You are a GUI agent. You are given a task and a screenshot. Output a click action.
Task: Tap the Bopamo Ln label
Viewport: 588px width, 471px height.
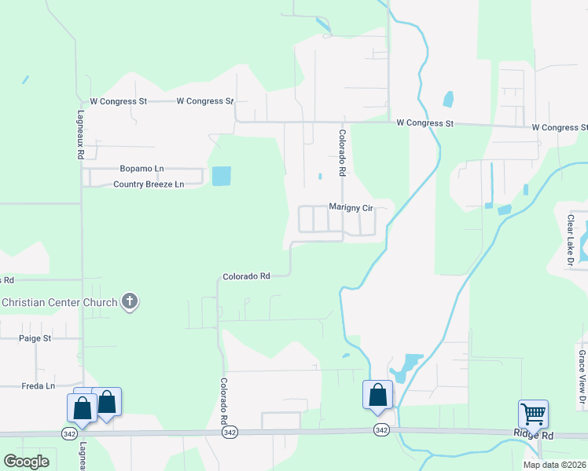pyautogui.click(x=141, y=169)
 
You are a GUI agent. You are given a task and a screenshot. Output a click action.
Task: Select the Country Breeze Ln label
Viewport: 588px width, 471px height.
pyautogui.click(x=149, y=184)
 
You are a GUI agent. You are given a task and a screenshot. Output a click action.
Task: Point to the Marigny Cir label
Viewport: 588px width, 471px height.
pyautogui.click(x=350, y=207)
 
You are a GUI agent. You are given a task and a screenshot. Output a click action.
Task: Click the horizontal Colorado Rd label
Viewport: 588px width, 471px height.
pyautogui.click(x=246, y=276)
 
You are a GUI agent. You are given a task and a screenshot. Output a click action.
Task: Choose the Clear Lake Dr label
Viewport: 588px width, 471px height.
pyautogui.click(x=571, y=241)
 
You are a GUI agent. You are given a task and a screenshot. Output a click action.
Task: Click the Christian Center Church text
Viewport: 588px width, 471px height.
pyautogui.click(x=59, y=302)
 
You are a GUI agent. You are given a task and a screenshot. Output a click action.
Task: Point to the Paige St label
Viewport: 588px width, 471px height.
pyautogui.click(x=35, y=338)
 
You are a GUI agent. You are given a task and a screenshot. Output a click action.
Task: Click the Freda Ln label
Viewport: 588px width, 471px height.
pyautogui.click(x=39, y=386)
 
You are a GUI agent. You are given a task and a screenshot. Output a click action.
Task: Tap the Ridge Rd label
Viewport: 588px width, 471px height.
pyautogui.click(x=535, y=434)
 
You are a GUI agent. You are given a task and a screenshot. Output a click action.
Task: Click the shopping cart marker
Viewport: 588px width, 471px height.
pyautogui.click(x=533, y=412)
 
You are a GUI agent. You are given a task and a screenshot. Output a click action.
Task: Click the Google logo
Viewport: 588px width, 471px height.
pyautogui.click(x=26, y=462)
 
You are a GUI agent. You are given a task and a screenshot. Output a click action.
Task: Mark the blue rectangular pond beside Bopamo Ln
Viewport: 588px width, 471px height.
pyautogui.click(x=222, y=176)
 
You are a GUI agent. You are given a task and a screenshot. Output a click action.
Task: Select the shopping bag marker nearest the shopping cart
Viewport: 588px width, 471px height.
pyautogui.click(x=378, y=394)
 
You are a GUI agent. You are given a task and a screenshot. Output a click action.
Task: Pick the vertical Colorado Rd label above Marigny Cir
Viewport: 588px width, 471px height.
pyautogui.click(x=342, y=152)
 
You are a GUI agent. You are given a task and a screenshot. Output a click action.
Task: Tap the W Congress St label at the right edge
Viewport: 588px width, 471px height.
pyautogui.click(x=559, y=127)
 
